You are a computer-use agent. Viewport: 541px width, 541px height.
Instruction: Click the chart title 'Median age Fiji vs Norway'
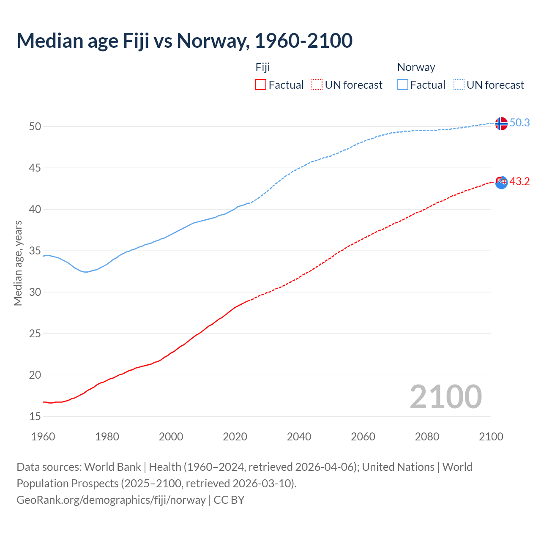coord(184,41)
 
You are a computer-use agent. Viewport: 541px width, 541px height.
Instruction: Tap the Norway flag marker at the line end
coord(501,123)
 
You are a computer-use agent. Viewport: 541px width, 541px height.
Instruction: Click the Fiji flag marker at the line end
coord(501,182)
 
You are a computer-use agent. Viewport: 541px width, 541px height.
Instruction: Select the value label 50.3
coord(519,123)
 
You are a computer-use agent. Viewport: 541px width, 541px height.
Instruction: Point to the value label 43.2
coord(519,181)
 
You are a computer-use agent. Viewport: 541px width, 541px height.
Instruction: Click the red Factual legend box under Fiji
coord(261,85)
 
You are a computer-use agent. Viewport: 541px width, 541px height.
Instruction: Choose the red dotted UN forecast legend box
coord(317,85)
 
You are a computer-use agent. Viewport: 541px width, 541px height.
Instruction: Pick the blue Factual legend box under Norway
coord(403,85)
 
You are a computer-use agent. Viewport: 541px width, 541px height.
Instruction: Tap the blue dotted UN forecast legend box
coord(459,85)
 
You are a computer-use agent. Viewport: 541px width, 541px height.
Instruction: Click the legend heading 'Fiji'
coord(262,67)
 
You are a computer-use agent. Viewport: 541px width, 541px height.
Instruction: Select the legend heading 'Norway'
coord(416,67)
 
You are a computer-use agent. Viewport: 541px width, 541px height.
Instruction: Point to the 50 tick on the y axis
coord(35,126)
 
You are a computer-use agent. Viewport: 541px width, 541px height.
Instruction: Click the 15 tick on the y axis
coord(35,416)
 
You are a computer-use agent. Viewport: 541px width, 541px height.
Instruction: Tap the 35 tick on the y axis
coord(35,251)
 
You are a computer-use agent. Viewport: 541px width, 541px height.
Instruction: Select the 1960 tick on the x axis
coord(43,437)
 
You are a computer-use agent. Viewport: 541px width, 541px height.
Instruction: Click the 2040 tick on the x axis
coord(299,437)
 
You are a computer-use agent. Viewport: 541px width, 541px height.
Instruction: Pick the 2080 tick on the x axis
coord(427,437)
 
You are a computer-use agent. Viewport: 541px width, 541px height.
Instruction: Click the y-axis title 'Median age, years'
coord(18,263)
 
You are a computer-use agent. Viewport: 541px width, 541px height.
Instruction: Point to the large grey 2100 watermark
coord(445,396)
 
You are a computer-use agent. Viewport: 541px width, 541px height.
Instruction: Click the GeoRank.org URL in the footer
coord(111,500)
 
